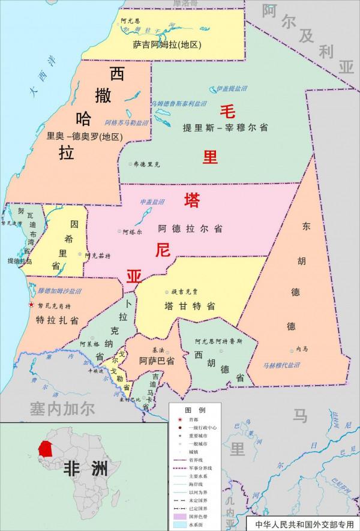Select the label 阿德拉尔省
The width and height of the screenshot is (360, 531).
pos(190,229)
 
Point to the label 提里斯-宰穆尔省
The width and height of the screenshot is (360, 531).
pos(226,128)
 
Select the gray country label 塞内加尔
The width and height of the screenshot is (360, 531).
pos(62,409)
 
